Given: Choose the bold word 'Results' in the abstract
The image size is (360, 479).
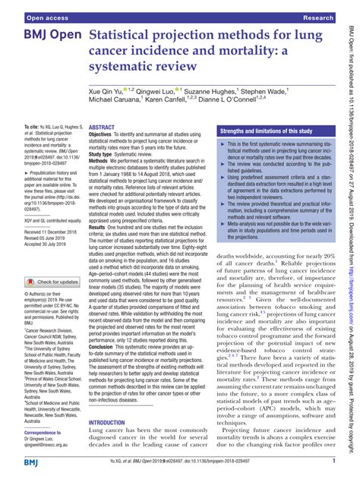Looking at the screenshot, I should [100, 228].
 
